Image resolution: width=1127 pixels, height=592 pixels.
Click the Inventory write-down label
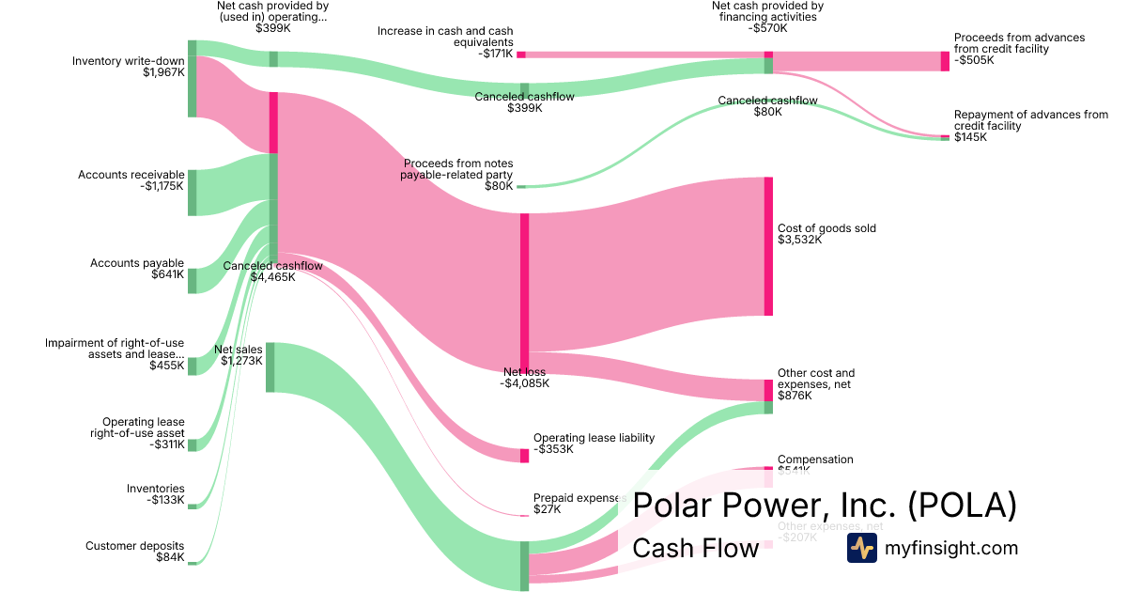129,67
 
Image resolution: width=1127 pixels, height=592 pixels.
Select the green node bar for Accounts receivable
192,193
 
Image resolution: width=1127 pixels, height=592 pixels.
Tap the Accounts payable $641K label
137,269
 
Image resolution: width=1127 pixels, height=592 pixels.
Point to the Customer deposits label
134,552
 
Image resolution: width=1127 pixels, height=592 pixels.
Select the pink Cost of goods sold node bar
768,246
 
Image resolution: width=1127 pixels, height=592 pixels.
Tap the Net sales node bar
270,367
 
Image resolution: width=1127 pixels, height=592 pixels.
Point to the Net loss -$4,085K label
524,378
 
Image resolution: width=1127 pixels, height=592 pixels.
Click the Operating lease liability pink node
524,456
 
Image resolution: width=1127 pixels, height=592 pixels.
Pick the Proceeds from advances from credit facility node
945,61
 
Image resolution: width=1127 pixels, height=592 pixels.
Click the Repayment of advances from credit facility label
1030,126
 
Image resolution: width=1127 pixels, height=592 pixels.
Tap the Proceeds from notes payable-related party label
458,174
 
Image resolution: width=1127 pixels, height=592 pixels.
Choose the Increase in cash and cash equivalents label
445,42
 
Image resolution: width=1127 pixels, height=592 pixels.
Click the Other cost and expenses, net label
816,384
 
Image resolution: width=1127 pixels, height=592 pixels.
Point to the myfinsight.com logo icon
861,548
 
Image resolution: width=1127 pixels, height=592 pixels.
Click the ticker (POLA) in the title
963,505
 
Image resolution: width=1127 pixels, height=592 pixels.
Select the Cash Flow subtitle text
695,548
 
